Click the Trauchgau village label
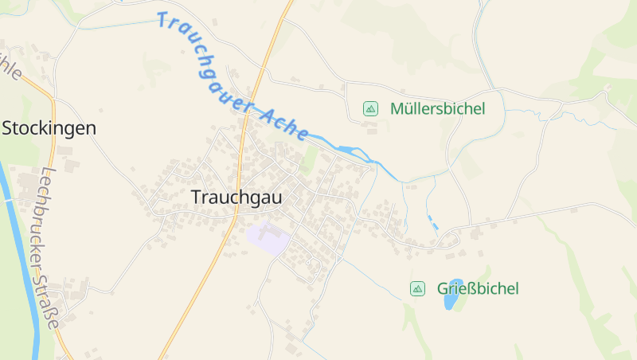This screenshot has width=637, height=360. pos(236,198)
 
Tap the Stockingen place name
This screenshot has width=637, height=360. pos(49,127)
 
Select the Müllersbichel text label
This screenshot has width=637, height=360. pos(437,109)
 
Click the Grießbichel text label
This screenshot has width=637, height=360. pos(478,288)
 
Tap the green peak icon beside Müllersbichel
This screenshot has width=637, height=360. pos(370,108)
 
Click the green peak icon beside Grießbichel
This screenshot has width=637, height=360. pos(417,288)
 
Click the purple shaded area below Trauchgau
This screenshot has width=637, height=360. pos(266,238)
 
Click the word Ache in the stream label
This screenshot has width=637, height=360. pos(284,123)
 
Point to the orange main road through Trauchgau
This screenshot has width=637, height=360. pos(239,159)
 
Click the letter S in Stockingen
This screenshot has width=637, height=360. pos(9,127)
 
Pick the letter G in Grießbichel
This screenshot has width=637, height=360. pos(443,288)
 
